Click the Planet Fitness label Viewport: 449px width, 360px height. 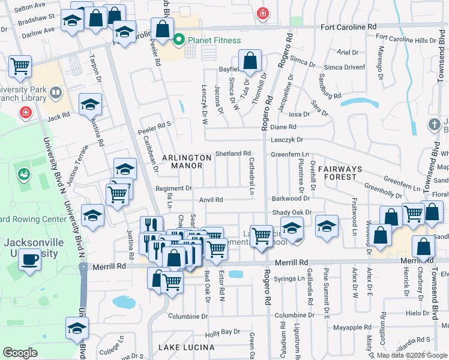[x=214, y=41]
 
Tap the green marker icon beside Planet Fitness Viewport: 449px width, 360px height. [x=178, y=41]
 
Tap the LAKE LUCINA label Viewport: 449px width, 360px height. [x=186, y=347]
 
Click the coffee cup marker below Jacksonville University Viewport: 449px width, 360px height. [x=29, y=259]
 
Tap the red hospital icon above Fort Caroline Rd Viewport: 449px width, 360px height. [x=262, y=13]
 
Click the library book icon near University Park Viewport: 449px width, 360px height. [x=55, y=93]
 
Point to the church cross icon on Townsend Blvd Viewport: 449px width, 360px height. [x=434, y=124]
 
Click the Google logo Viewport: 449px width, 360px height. [x=20, y=352]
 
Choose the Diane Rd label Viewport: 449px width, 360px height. [x=283, y=127]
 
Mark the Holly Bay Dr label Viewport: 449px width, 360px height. [x=222, y=332]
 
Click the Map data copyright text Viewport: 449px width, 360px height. [x=411, y=355]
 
